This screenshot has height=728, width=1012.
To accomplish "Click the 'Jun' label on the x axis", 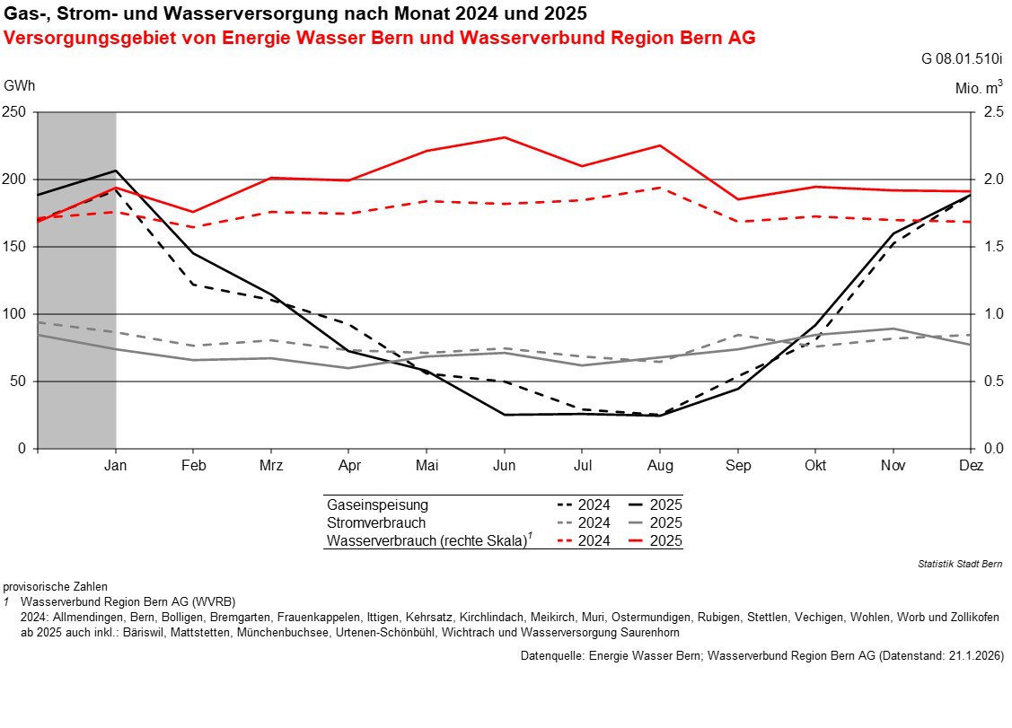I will [x=504, y=466].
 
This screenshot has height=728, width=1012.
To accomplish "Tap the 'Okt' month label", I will [x=815, y=466].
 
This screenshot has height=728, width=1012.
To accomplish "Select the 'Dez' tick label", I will [x=971, y=466].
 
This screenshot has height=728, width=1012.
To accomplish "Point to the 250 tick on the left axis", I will [x=16, y=112].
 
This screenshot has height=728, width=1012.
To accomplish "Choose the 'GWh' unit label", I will [x=20, y=86].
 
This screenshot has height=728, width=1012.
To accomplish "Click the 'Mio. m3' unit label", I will [x=978, y=88].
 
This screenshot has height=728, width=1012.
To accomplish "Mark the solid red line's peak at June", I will [x=505, y=137].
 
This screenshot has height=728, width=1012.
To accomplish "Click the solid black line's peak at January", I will [x=116, y=171].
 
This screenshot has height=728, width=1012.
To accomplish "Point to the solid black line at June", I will [x=505, y=415].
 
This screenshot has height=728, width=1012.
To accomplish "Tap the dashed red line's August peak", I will [x=660, y=188].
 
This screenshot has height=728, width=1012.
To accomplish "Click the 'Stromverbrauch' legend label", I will [x=376, y=522].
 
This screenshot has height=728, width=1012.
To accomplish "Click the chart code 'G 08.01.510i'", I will [x=961, y=60].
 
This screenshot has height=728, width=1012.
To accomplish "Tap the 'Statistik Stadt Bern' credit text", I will [x=960, y=564].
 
